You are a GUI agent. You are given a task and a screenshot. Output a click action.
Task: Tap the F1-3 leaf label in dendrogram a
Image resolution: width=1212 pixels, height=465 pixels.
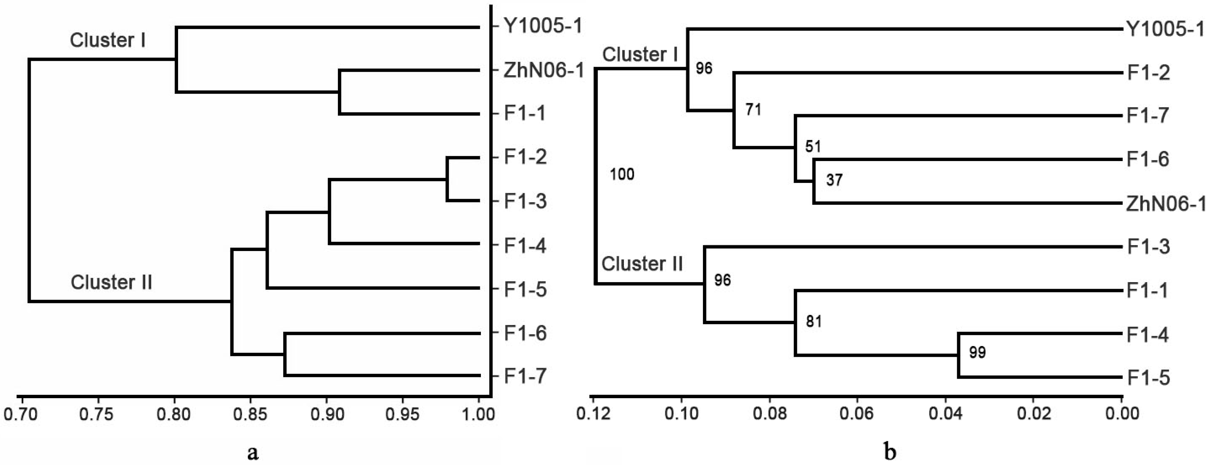pyautogui.click(x=525, y=201)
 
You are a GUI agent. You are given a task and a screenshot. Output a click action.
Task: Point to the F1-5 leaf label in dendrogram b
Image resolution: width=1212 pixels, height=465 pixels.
pyautogui.click(x=1148, y=378)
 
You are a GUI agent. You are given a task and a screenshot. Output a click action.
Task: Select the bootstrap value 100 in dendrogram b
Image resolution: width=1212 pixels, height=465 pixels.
pyautogui.click(x=622, y=174)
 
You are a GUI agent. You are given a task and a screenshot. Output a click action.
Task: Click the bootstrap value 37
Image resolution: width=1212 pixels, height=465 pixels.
pyautogui.click(x=834, y=180)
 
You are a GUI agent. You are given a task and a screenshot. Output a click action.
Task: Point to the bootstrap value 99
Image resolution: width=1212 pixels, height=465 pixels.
pyautogui.click(x=977, y=353)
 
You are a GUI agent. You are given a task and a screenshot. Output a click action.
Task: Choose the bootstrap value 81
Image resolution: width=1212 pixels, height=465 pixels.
pyautogui.click(x=814, y=321)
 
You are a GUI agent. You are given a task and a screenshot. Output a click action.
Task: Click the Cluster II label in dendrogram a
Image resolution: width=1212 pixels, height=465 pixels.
pyautogui.click(x=112, y=282)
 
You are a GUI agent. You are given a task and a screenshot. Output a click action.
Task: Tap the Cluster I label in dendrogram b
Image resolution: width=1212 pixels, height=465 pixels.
pyautogui.click(x=640, y=55)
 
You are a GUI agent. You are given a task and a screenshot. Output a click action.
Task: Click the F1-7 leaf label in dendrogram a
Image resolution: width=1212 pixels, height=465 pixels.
pyautogui.click(x=525, y=376)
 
